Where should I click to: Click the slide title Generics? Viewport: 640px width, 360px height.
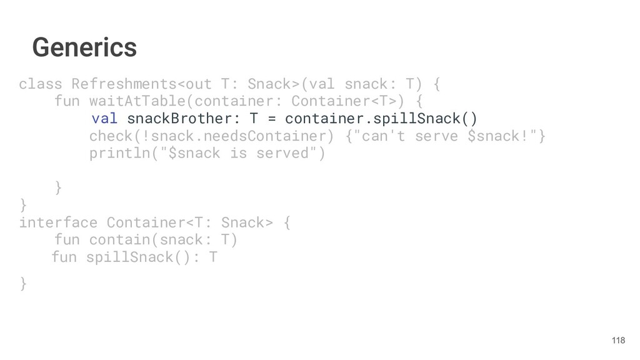click(84, 47)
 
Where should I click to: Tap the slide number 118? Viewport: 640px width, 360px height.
click(618, 340)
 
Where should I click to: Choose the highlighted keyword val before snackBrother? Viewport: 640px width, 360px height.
click(104, 119)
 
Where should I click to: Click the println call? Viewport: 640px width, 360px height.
click(119, 154)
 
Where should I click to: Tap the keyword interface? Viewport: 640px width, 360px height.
click(58, 222)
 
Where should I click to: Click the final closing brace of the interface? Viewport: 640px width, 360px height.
click(23, 284)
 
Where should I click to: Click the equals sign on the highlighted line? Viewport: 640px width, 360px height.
click(272, 119)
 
